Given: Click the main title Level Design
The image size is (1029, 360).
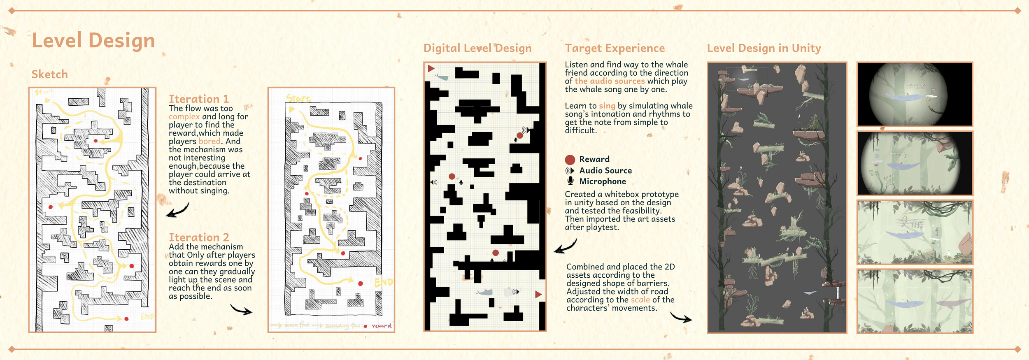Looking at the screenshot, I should click(x=93, y=41).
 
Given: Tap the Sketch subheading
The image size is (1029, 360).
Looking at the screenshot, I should click(x=50, y=74).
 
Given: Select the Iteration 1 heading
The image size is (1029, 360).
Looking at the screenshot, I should click(x=199, y=99).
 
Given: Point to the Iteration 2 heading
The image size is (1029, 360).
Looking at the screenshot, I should click(x=199, y=237).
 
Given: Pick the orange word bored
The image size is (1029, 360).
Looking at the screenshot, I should click(x=210, y=142).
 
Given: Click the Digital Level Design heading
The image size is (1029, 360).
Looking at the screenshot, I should click(x=477, y=49).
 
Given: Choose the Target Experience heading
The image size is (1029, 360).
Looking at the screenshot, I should click(x=615, y=49).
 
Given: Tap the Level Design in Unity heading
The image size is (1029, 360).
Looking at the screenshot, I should click(x=764, y=49).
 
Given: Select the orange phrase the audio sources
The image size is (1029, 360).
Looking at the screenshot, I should click(x=610, y=81).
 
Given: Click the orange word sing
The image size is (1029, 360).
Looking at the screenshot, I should click(x=607, y=106).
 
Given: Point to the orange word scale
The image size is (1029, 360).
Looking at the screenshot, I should click(x=640, y=300).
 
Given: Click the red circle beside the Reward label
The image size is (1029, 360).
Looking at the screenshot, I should click(x=570, y=160).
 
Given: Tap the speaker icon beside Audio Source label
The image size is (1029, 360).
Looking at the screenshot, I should click(x=570, y=171).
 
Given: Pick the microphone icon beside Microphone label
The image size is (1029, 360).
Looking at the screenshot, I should click(x=570, y=181).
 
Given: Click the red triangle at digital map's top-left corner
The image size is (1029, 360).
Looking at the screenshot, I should click(x=431, y=69).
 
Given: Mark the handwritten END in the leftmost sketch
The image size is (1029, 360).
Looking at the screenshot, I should click(x=147, y=317).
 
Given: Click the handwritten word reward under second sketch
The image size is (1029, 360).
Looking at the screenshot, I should click(x=382, y=326).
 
